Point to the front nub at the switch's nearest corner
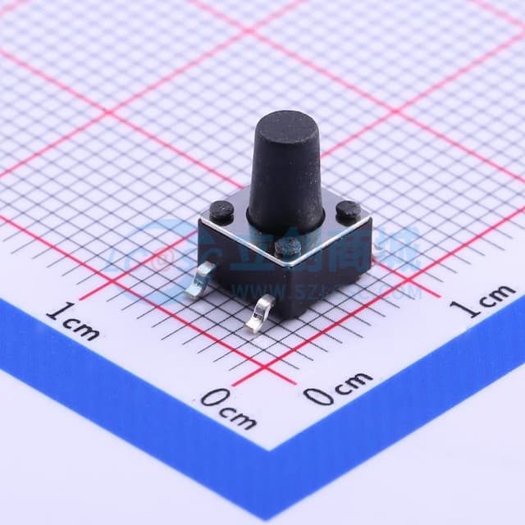coord(287,244)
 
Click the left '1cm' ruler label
coord(72,321)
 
